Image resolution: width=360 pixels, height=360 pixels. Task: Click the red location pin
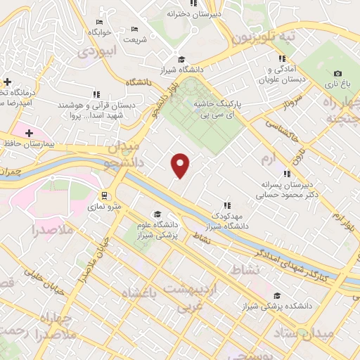click(x=181, y=165)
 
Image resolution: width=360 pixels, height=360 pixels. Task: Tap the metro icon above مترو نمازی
click(x=104, y=195)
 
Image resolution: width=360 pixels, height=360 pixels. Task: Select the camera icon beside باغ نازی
click(x=337, y=73)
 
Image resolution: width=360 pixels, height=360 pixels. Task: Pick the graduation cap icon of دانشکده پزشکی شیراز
click(x=277, y=296)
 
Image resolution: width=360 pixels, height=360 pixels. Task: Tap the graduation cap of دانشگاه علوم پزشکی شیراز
click(x=157, y=214)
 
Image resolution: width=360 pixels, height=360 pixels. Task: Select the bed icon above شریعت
click(x=135, y=29)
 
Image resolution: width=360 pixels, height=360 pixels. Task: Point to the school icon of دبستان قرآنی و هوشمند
click(x=96, y=94)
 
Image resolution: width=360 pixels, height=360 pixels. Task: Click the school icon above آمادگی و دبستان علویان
click(x=282, y=59)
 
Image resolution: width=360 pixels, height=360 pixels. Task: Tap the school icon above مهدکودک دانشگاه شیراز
click(x=226, y=205)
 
